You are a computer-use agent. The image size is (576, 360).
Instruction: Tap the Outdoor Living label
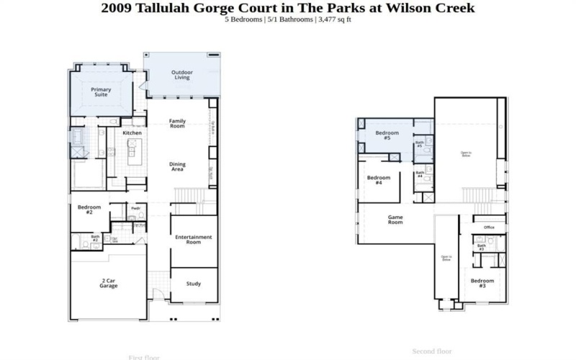[181, 75]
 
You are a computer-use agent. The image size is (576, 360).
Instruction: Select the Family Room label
[177, 123]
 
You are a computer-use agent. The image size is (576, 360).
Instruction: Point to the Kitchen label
[132, 133]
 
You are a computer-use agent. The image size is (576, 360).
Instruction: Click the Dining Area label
[177, 166]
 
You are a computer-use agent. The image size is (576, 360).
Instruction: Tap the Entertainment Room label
[193, 240]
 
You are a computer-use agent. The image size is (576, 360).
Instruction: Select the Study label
[193, 284]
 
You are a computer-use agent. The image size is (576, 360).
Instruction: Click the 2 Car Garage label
[108, 283]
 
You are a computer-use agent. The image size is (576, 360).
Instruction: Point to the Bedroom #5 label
[387, 135]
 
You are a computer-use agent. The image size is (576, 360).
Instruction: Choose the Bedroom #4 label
[379, 180]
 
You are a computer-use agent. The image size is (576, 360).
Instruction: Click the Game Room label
[395, 220]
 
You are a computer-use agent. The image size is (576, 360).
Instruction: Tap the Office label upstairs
[489, 228]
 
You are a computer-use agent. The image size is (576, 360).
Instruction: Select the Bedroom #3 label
[482, 283]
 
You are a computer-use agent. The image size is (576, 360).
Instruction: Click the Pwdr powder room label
[135, 210]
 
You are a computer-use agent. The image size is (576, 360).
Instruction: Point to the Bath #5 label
[419, 144]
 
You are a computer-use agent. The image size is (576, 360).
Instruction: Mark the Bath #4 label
[419, 174]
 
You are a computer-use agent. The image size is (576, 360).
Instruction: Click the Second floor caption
[431, 351]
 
